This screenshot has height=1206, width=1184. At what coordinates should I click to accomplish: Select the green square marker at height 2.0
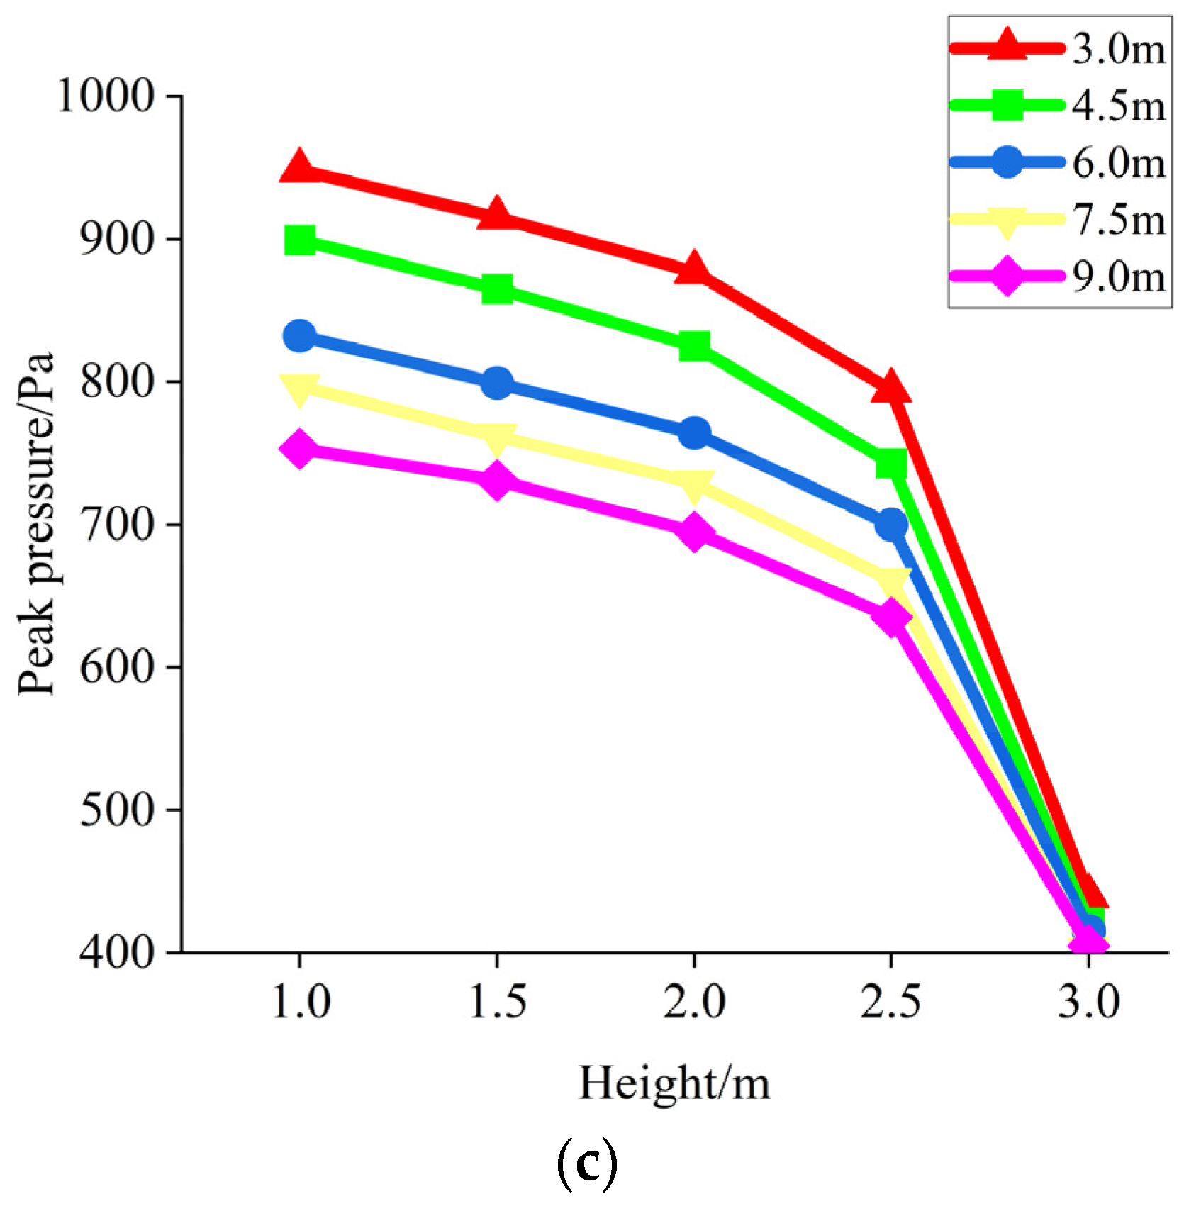(x=694, y=346)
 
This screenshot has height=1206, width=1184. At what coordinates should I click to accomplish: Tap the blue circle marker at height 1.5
(x=496, y=384)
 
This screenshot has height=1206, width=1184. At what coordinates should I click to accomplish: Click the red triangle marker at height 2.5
(x=891, y=388)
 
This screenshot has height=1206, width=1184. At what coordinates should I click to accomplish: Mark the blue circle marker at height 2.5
(x=891, y=525)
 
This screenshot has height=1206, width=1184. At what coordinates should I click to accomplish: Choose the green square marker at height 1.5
(x=496, y=289)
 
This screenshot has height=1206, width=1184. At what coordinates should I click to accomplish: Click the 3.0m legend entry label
(x=1118, y=50)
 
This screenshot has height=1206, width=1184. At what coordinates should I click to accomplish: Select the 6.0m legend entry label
(x=1118, y=163)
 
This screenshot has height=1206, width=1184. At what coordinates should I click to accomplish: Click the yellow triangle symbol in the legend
(x=1007, y=221)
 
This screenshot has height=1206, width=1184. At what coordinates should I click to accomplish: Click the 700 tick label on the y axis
(x=116, y=525)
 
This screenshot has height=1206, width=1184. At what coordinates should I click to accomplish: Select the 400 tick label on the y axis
(x=116, y=953)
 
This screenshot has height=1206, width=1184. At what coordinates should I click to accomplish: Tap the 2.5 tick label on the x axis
(x=891, y=1003)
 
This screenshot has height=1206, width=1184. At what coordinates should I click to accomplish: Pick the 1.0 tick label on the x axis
(x=301, y=1003)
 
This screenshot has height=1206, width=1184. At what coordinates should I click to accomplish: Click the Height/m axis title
(x=674, y=1084)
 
